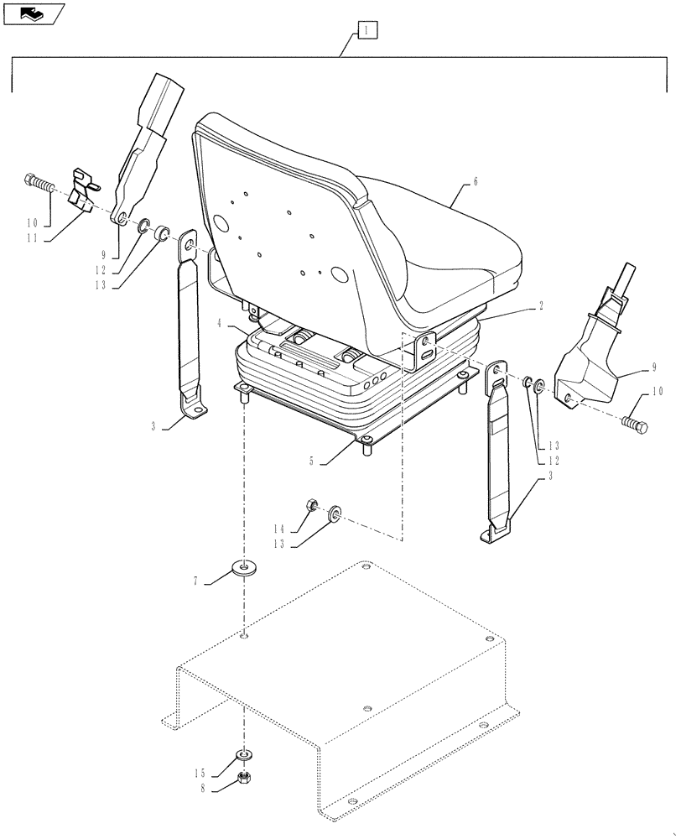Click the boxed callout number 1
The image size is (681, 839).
pos(367,32)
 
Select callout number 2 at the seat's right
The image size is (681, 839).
pos(541,307)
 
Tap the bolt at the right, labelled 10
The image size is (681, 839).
pos(635,424)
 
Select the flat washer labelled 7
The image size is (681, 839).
pos(245,570)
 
